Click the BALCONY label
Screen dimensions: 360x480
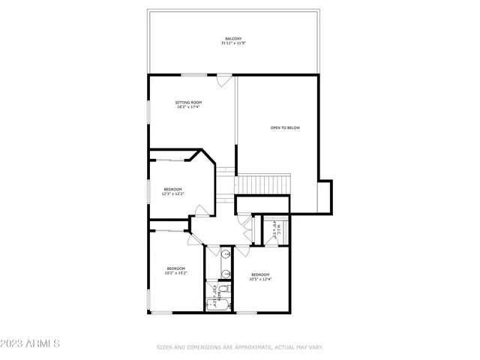pyautogui.click(x=233, y=38)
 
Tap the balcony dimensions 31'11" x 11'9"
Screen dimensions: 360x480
pyautogui.click(x=233, y=43)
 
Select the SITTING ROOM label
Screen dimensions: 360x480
pyautogui.click(x=188, y=102)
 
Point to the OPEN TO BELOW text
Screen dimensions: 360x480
pyautogui.click(x=285, y=128)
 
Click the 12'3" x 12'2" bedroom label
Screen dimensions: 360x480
pyautogui.click(x=172, y=191)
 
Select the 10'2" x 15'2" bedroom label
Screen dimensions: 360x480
pyautogui.click(x=175, y=271)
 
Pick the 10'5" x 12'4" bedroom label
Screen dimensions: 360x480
pyautogui.click(x=260, y=277)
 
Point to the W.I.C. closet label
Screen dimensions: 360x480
pyautogui.click(x=277, y=229)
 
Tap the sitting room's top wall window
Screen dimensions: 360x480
pyautogui.click(x=193, y=74)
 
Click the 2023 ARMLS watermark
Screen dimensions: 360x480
pyautogui.click(x=30, y=343)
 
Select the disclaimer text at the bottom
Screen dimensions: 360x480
pyautogui.click(x=239, y=347)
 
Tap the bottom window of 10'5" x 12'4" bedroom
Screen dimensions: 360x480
pyautogui.click(x=247, y=312)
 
